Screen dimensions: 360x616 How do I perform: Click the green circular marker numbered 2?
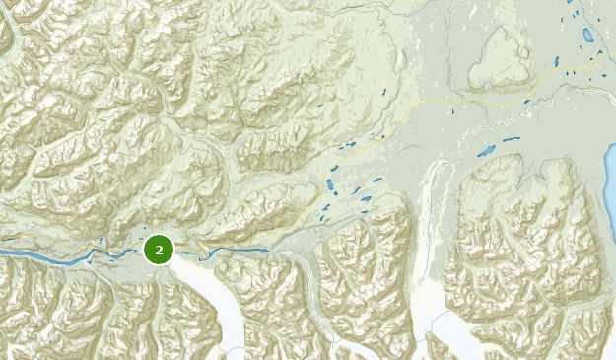159,250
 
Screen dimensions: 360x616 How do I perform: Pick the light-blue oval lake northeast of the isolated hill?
588,36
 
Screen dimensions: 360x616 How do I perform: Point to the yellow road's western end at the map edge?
3,238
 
